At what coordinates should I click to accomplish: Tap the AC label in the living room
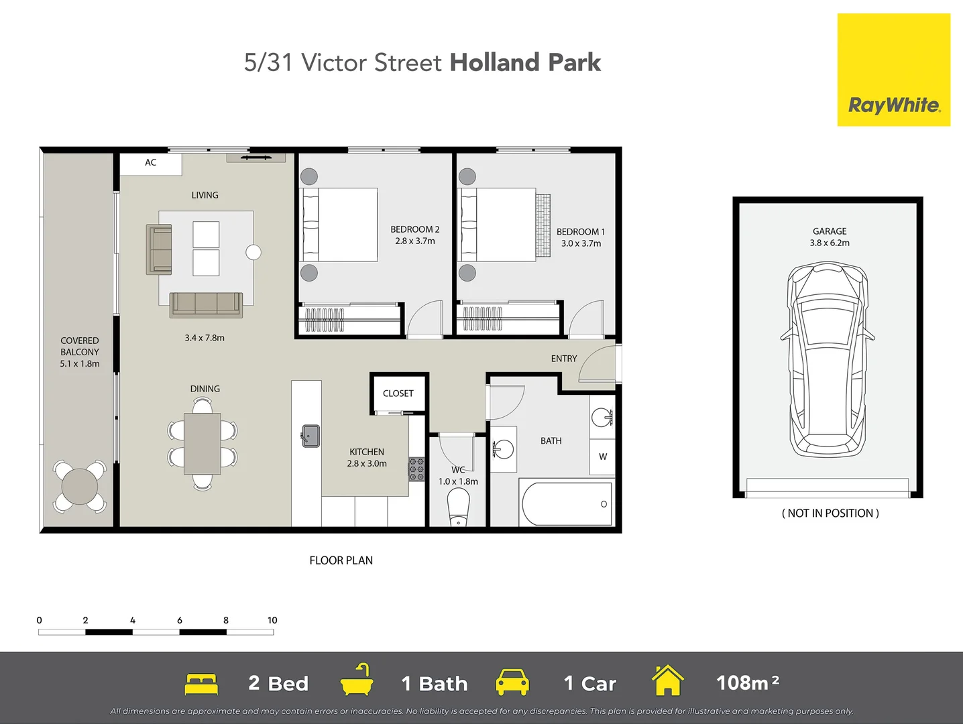click(151, 163)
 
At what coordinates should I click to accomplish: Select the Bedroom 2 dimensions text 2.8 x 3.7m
click(415, 241)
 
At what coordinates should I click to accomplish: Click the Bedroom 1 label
click(581, 232)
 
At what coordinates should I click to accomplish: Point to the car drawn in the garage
click(828, 360)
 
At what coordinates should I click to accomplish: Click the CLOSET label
click(398, 394)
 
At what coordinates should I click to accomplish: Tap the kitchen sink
click(310, 436)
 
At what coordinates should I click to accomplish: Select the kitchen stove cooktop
click(416, 469)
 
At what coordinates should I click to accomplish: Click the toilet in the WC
click(459, 506)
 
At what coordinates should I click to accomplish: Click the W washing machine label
click(603, 457)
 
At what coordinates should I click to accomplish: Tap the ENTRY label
click(564, 359)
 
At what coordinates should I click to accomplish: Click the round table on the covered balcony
click(80, 486)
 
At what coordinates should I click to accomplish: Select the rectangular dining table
click(203, 443)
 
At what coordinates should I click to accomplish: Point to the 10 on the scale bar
click(272, 620)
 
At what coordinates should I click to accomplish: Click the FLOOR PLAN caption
click(341, 560)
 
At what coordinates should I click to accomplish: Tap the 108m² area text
click(748, 683)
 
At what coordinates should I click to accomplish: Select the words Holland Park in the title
click(525, 62)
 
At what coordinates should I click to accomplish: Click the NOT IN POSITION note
click(830, 514)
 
